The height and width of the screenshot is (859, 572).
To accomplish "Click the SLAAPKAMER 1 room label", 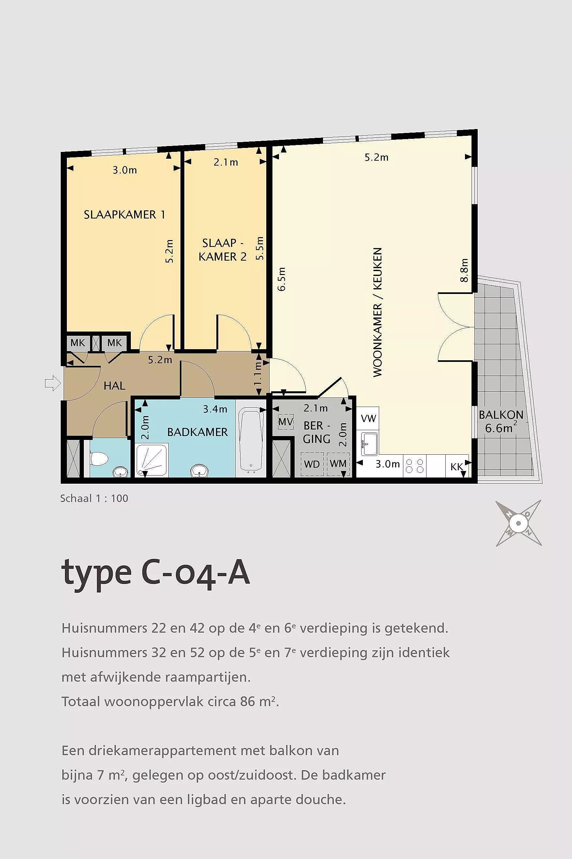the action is [124, 214].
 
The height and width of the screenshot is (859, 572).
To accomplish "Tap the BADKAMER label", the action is [197, 432].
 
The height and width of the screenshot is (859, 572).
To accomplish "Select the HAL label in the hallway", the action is [114, 385].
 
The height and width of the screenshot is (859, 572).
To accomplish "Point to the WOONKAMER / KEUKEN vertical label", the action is [378, 312].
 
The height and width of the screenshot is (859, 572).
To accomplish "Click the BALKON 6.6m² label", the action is [501, 421].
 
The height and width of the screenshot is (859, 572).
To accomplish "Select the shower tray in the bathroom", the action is [152, 460].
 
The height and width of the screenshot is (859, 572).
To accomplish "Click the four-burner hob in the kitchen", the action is [415, 465].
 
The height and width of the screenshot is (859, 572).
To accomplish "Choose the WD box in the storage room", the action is [312, 464].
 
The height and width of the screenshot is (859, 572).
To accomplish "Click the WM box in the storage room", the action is [338, 464].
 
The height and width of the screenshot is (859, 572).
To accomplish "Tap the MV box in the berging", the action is [286, 422].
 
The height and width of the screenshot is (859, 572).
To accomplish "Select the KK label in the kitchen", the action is [457, 466].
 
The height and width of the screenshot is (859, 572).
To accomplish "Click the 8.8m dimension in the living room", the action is [464, 270].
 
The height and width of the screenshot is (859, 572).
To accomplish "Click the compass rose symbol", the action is [518, 523].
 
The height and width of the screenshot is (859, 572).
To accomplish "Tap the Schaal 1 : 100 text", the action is [94, 498].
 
